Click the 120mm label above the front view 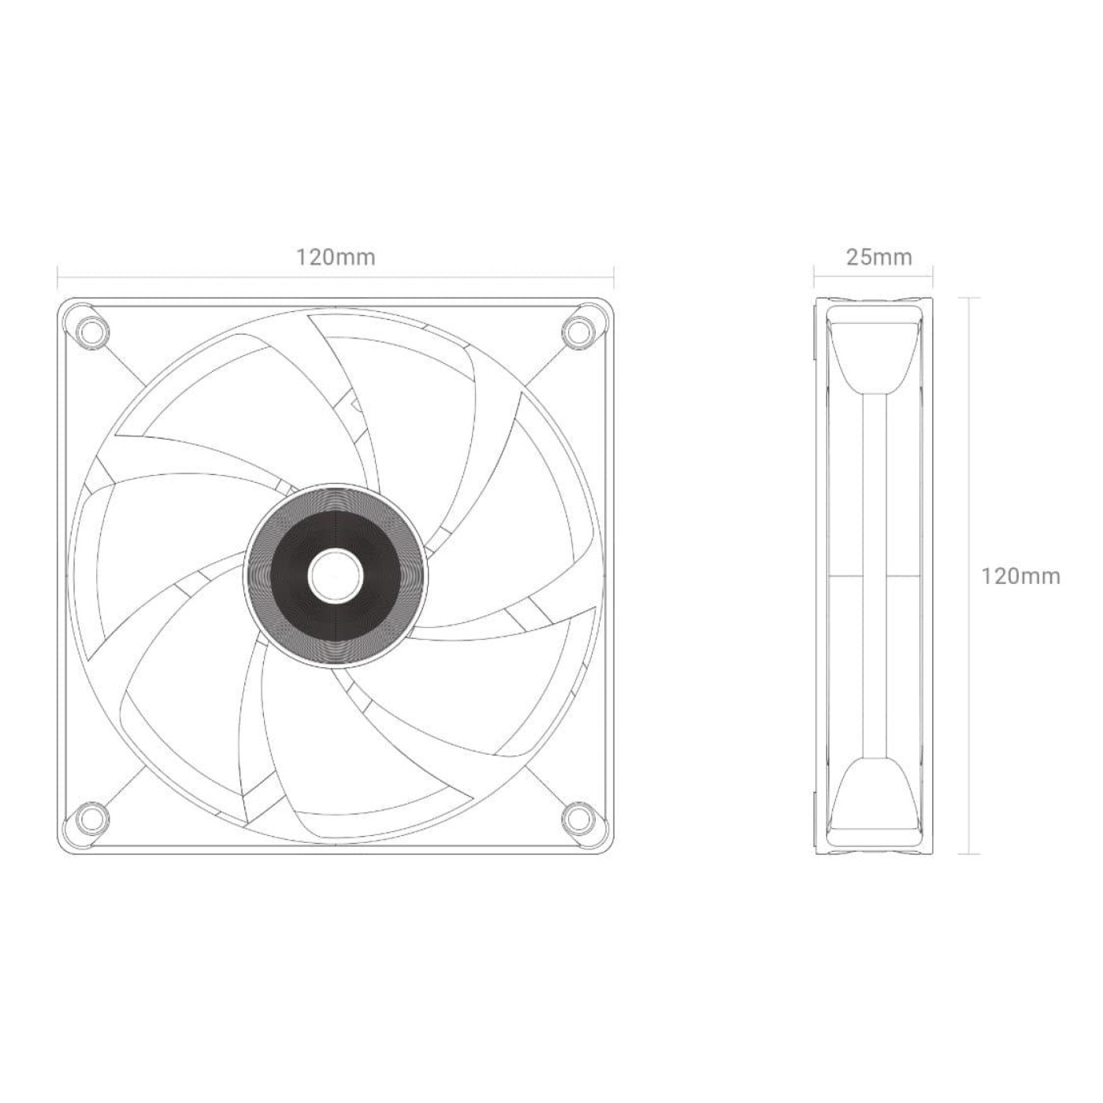(336, 257)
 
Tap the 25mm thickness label (878, 257)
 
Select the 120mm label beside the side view (1020, 576)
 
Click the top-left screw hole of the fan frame (91, 330)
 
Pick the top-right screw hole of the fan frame (581, 330)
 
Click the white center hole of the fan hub (336, 576)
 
